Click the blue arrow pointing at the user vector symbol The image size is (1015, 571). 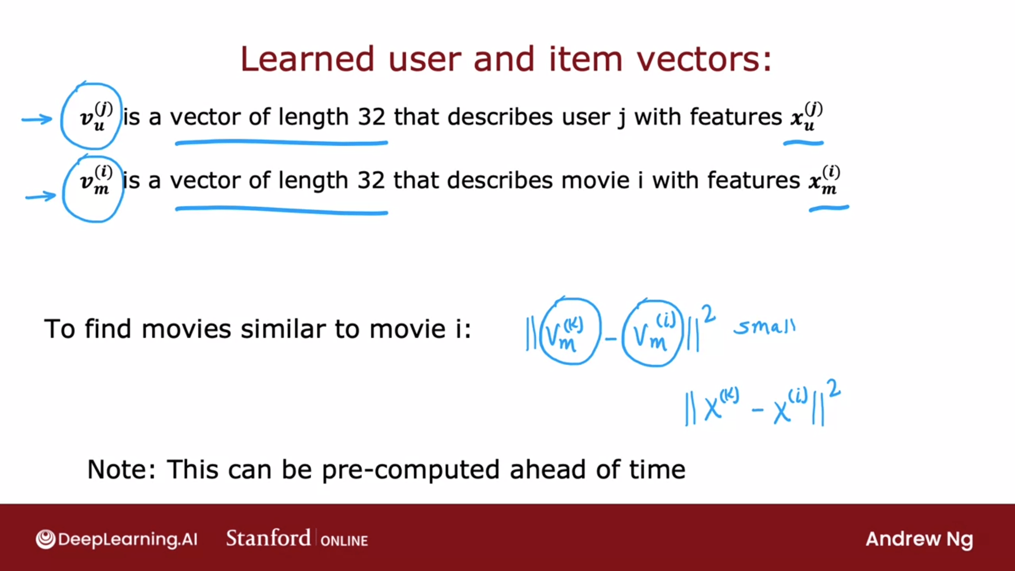[x=37, y=119]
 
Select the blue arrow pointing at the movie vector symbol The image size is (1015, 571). [x=41, y=196]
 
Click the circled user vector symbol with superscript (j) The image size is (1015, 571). [x=91, y=116]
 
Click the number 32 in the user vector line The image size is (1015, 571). [x=372, y=117]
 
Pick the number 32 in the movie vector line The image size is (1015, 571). [x=371, y=180]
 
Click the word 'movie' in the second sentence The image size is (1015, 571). [x=595, y=180]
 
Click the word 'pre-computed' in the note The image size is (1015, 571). [x=411, y=470]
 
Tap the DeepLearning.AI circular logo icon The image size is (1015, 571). [x=45, y=539]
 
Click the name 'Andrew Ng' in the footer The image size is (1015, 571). [x=919, y=539]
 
